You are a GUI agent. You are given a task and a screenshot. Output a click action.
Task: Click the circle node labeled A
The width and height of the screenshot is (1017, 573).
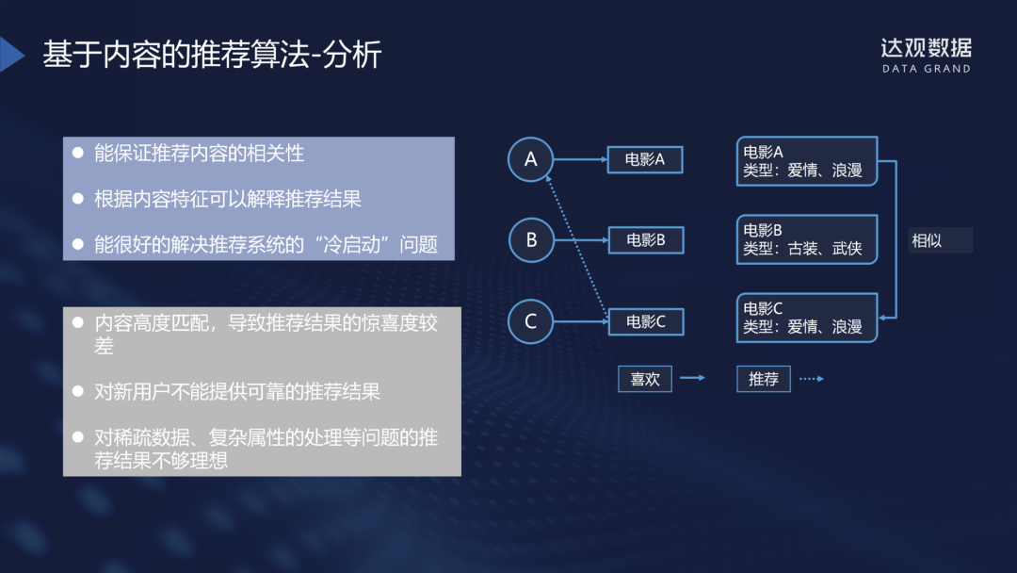click(531, 159)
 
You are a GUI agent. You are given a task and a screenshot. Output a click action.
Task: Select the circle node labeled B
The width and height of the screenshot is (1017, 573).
click(531, 239)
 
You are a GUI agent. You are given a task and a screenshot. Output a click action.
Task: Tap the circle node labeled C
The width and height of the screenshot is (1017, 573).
click(531, 321)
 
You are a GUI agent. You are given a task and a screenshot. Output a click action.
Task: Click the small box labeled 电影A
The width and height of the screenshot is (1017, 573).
click(645, 159)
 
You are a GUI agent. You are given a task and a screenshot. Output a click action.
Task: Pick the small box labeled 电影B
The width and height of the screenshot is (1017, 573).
click(645, 240)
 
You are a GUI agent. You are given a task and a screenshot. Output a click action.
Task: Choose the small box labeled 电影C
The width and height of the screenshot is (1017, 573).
click(645, 321)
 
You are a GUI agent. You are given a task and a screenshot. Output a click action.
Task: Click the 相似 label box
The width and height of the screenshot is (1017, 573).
click(939, 240)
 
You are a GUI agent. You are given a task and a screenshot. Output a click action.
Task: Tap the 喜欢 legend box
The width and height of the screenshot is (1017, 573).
click(645, 379)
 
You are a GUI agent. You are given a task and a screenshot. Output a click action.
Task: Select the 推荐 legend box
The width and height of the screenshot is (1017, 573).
click(763, 379)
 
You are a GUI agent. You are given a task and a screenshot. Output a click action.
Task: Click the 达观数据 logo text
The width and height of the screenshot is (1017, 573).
click(926, 47)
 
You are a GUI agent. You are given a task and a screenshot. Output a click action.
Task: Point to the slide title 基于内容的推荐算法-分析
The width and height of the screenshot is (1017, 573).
click(212, 55)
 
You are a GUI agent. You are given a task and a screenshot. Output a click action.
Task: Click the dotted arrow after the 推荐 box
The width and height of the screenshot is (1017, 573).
click(811, 379)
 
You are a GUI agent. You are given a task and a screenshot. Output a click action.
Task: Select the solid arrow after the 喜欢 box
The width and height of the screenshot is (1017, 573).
click(692, 379)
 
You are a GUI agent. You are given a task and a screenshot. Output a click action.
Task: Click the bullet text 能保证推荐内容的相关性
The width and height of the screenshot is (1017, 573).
click(199, 153)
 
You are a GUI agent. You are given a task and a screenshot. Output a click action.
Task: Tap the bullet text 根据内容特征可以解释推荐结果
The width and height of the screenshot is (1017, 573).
click(228, 199)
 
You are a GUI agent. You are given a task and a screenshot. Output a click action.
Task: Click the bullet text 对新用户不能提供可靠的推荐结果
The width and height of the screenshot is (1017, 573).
click(237, 390)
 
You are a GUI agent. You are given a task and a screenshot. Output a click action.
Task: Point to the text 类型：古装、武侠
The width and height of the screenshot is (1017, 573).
click(802, 249)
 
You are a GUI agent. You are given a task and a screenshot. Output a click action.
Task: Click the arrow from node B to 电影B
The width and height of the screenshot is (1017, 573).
click(581, 240)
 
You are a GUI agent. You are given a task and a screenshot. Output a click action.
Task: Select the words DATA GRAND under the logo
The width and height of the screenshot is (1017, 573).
click(926, 69)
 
